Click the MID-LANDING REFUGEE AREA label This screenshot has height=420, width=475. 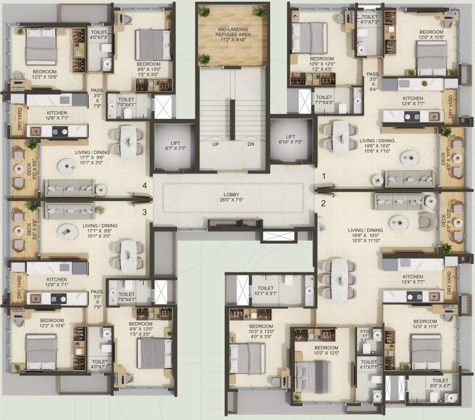tap(232, 34)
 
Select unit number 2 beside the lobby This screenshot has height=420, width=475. tap(323, 203)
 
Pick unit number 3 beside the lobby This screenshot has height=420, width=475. tap(144, 211)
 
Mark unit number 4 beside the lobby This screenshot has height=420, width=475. tap(144, 185)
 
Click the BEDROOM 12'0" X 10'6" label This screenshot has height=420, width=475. tap(431, 35)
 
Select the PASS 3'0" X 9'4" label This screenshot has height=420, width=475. tap(373, 83)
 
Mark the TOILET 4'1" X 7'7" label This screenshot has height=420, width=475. tap(369, 365)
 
